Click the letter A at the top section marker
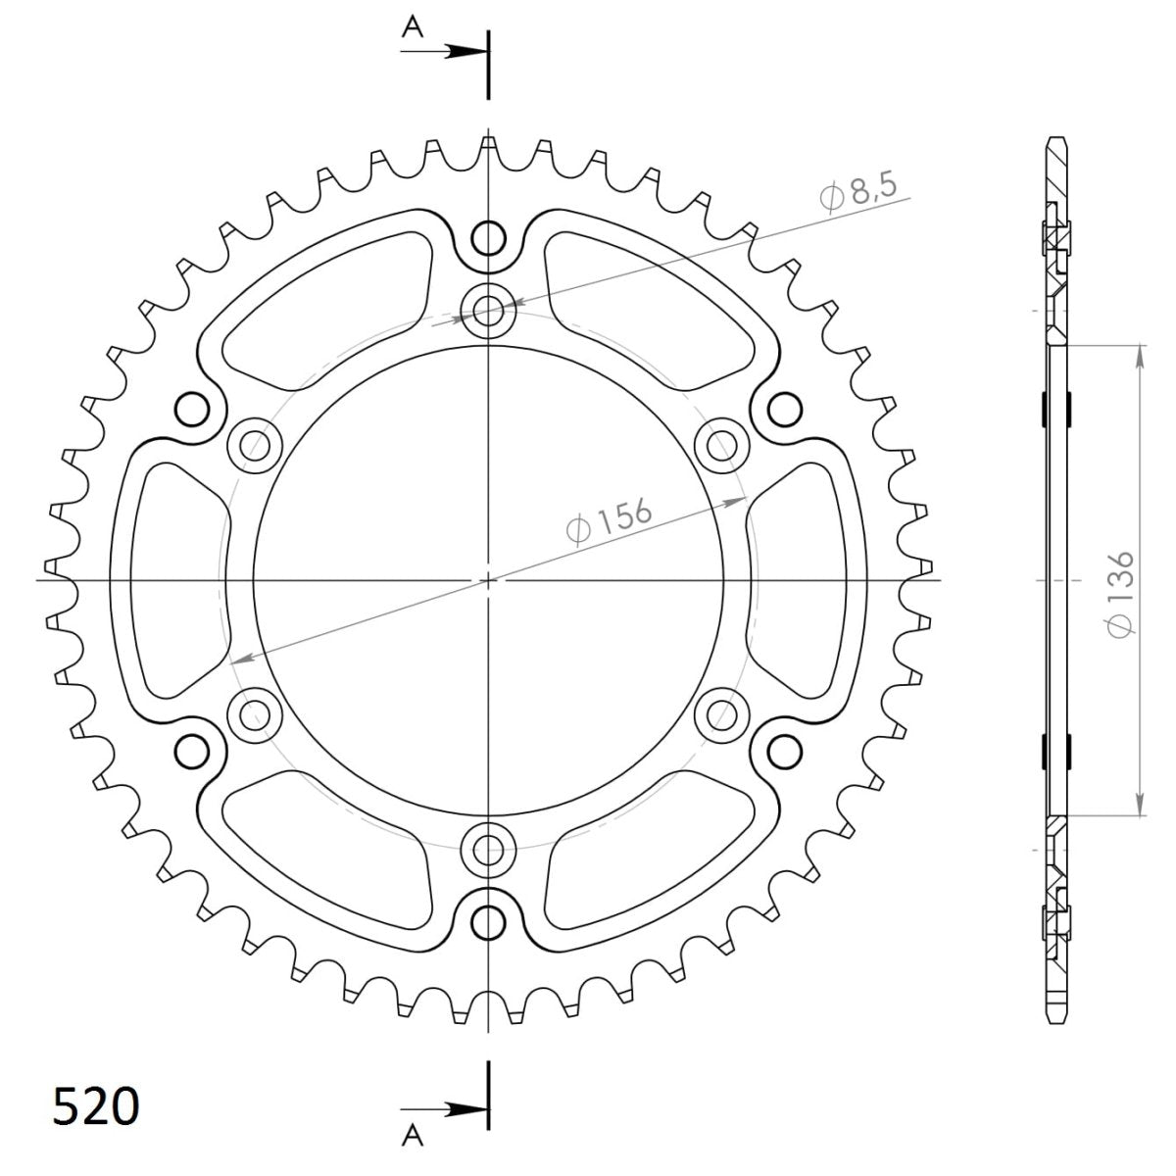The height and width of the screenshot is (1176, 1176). tap(414, 29)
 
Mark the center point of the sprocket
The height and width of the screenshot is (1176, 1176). tap(488, 580)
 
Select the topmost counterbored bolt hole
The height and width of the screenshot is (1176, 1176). tap(488, 311)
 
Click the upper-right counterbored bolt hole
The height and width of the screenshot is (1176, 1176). tap(721, 446)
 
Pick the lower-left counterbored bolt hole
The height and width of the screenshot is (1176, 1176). tap(255, 713)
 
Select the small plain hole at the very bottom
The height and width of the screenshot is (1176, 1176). tap(487, 921)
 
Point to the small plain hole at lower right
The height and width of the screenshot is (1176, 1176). tap(782, 751)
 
